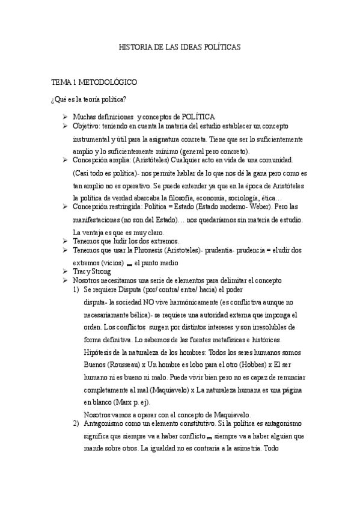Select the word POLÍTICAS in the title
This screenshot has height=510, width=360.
(222, 47)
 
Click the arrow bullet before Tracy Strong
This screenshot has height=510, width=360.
(65, 271)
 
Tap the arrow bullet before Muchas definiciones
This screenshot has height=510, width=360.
(65, 116)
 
